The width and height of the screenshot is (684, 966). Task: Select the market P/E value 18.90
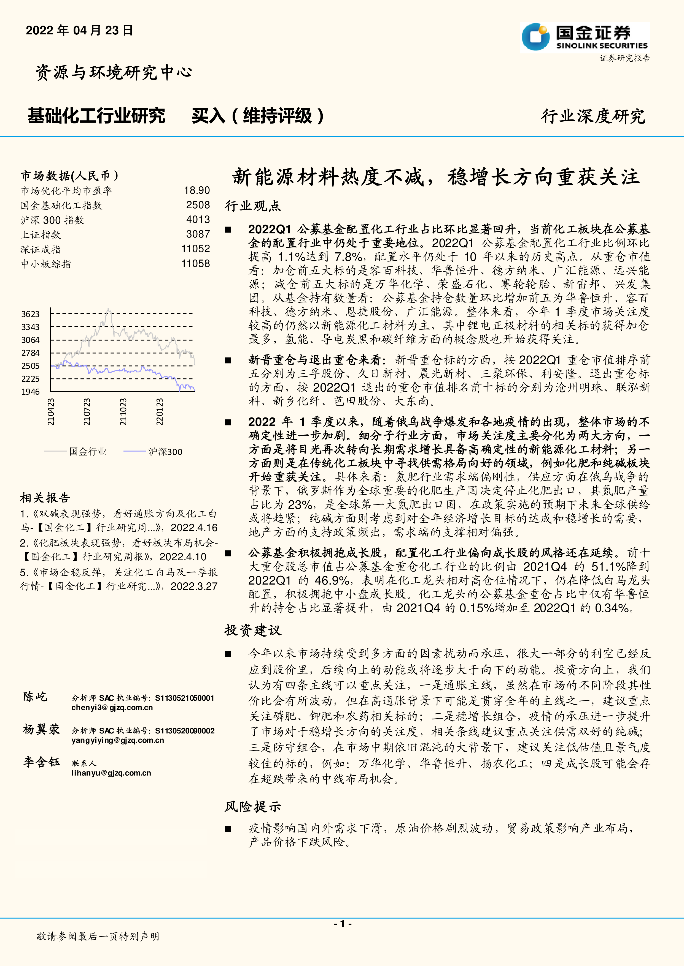(x=197, y=191)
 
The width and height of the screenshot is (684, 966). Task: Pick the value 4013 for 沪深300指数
(x=198, y=220)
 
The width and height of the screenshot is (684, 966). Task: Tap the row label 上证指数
(x=41, y=235)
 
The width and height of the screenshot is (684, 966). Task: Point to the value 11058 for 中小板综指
(x=195, y=264)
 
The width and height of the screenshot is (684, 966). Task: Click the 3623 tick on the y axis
(x=30, y=314)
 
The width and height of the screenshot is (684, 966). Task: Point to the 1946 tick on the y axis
(x=30, y=392)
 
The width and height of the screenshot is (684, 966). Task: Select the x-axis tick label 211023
(x=123, y=412)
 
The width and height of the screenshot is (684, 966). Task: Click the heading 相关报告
(x=45, y=498)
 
